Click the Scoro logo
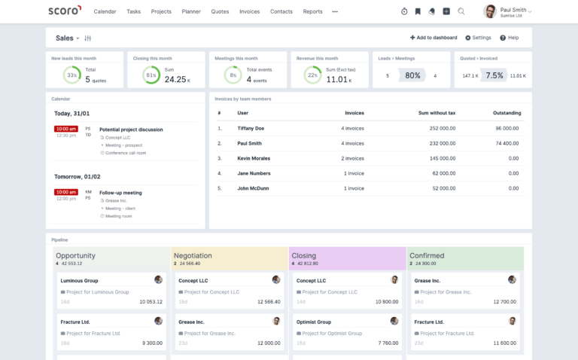pos(64,11)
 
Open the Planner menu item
pos(191,12)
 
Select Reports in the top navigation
pos(312,12)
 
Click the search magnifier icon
pos(461,11)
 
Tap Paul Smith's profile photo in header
pos(490,11)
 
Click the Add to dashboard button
pos(433,38)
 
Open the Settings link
pos(478,38)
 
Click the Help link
pos(510,38)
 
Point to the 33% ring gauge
pos(72,75)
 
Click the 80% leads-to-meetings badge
pos(412,75)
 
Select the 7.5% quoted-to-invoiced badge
pos(494,75)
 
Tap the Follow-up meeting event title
pos(120,193)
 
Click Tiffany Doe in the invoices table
pos(251,128)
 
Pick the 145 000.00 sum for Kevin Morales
pos(437,158)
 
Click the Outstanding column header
pos(507,113)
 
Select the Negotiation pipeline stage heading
pos(193,255)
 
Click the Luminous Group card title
pos(79,280)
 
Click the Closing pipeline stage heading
pos(304,255)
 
